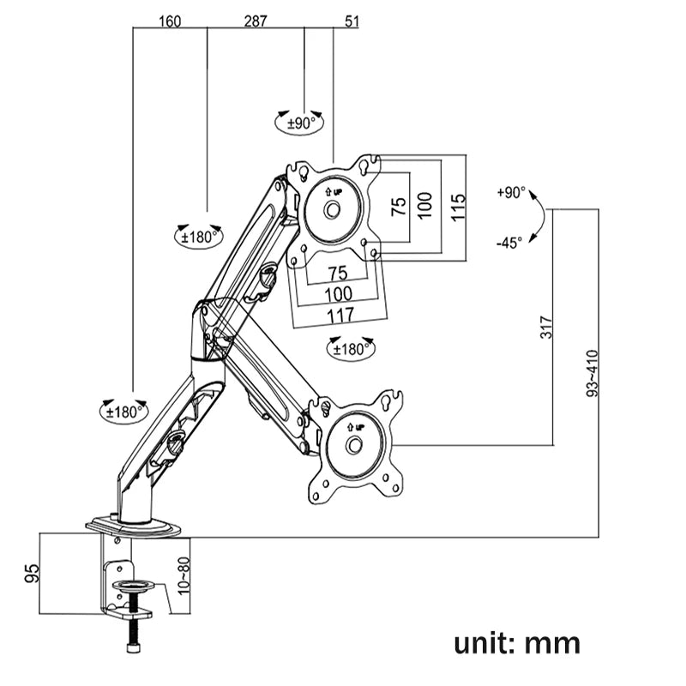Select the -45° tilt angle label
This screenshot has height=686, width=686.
[x=508, y=243]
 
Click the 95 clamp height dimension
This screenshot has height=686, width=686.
[x=30, y=573]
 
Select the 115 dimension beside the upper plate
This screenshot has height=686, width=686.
[x=458, y=207]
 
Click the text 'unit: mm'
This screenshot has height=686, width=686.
[x=518, y=641]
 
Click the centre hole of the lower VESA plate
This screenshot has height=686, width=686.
[x=354, y=445]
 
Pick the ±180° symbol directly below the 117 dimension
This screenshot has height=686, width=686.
[x=350, y=348]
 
